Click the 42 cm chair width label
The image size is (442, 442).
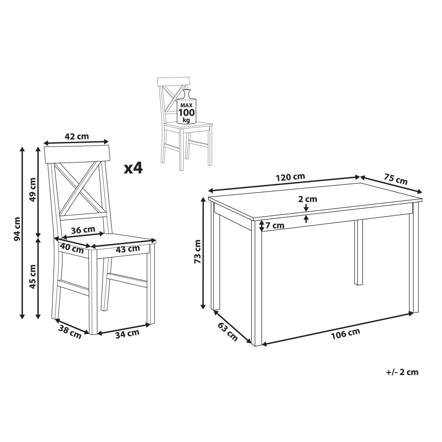pyautogui.click(x=76, y=137)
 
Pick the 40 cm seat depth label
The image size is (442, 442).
pyautogui.click(x=72, y=248)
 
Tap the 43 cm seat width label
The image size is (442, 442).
pyautogui.click(x=128, y=249)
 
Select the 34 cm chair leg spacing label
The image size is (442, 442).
pyautogui.click(x=127, y=334)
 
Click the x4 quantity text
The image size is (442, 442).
pyautogui.click(x=133, y=169)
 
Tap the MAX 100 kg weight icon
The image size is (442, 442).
pyautogui.click(x=187, y=106)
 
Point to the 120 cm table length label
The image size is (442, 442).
pyautogui.click(x=290, y=177)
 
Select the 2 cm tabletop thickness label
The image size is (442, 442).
pyautogui.click(x=308, y=199)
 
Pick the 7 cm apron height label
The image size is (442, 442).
pyautogui.click(x=275, y=226)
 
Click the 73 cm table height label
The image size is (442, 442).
pyautogui.click(x=197, y=252)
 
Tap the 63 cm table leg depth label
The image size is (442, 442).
pyautogui.click(x=227, y=331)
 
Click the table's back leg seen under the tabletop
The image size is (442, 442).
pyautogui.click(x=358, y=252)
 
